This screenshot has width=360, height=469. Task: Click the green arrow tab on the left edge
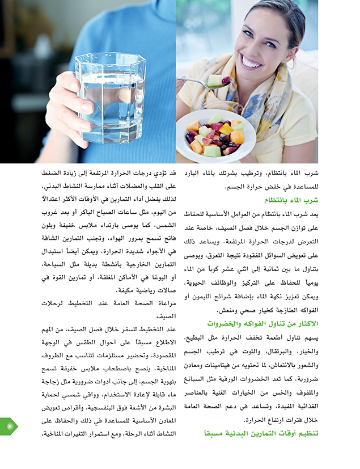point(9,425)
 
